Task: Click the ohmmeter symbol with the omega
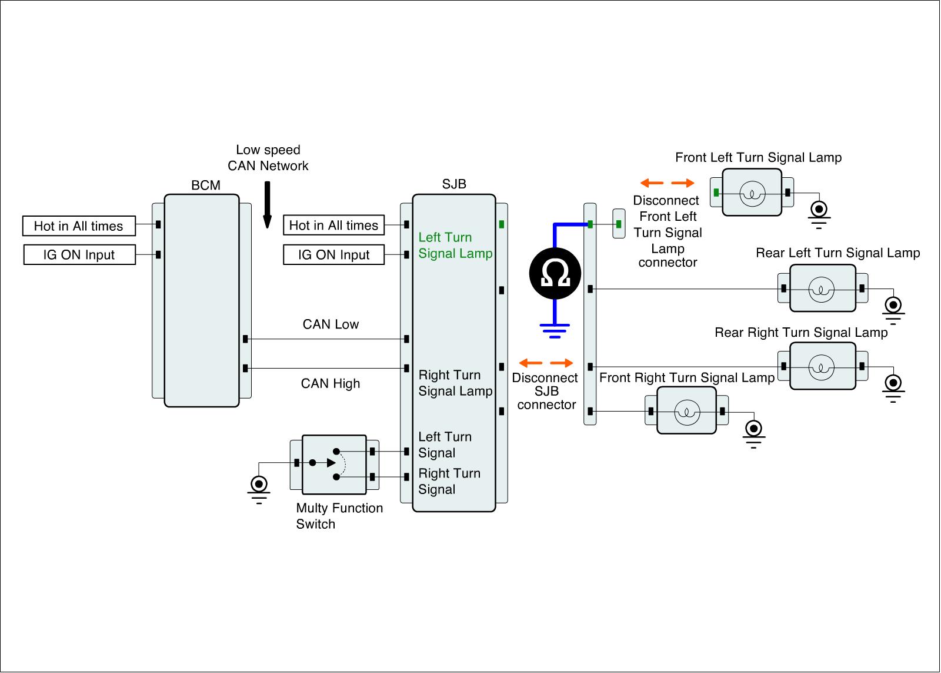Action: [x=555, y=273]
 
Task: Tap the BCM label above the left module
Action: [x=206, y=185]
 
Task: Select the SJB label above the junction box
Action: [x=454, y=184]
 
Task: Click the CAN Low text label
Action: [x=331, y=324]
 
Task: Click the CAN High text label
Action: [x=331, y=384]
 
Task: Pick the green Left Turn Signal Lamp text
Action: [x=455, y=246]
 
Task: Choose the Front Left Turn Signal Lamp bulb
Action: [x=752, y=193]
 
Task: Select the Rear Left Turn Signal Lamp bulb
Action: [x=822, y=289]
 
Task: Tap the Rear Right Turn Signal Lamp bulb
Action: [x=822, y=367]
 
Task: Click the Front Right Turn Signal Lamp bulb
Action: [x=686, y=412]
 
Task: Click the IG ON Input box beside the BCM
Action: [x=79, y=255]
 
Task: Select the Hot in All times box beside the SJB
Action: [x=333, y=226]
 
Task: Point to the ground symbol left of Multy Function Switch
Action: [x=259, y=489]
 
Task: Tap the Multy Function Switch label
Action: [x=339, y=516]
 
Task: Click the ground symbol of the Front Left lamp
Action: [x=819, y=213]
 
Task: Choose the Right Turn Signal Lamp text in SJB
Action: [x=455, y=383]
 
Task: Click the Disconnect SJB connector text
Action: [x=546, y=391]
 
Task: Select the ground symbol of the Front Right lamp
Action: [x=753, y=432]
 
